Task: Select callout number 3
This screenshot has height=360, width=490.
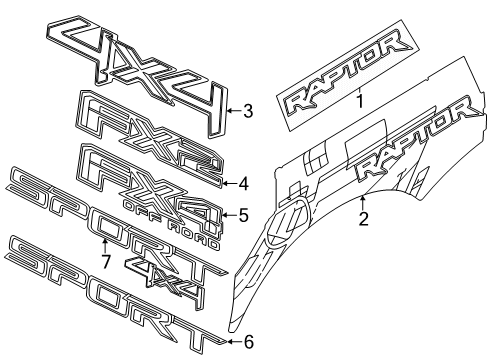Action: pyautogui.click(x=249, y=112)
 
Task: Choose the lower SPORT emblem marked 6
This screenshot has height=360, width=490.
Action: pyautogui.click(x=110, y=290)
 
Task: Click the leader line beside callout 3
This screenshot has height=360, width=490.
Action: pyautogui.click(x=232, y=112)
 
